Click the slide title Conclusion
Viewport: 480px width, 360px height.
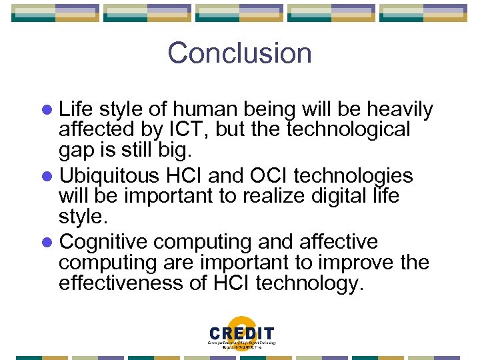[x=239, y=53]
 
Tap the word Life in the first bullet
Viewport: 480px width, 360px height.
[x=75, y=109]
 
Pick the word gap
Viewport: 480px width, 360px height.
[x=77, y=150]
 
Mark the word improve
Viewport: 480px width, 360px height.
[x=357, y=262]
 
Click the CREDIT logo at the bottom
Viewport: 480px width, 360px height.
[x=241, y=336]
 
